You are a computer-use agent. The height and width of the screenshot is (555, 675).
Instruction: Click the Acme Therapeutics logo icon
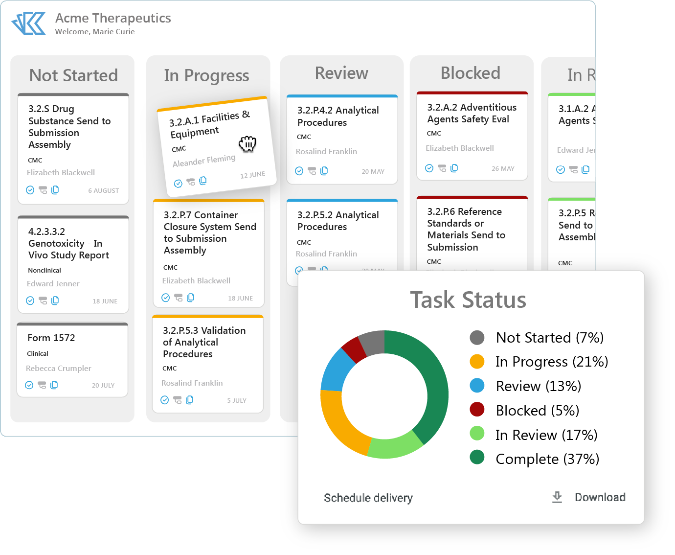click(x=29, y=23)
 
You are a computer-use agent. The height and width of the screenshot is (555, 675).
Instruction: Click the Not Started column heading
click(x=73, y=75)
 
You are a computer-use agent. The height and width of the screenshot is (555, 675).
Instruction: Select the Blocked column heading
click(x=470, y=73)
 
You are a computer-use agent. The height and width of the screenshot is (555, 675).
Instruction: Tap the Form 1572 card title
click(x=51, y=338)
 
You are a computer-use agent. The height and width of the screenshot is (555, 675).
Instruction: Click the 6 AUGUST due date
click(x=104, y=190)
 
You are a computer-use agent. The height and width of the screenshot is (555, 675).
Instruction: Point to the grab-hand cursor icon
click(x=247, y=144)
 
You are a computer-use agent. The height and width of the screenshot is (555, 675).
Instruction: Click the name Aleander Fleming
click(x=204, y=161)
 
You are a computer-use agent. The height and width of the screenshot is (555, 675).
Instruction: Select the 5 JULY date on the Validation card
click(x=237, y=400)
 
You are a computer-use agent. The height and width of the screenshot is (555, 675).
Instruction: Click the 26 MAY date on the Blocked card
click(x=503, y=168)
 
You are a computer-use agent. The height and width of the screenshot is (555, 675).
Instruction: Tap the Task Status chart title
click(x=468, y=300)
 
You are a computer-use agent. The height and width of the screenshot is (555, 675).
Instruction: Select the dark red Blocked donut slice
click(x=354, y=349)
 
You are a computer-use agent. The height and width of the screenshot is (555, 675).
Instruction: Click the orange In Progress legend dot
click(x=477, y=362)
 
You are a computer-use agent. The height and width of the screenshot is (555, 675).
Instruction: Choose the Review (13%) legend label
click(x=538, y=386)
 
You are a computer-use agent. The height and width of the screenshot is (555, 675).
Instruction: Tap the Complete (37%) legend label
click(x=547, y=459)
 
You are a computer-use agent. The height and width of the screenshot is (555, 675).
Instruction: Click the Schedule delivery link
click(x=368, y=498)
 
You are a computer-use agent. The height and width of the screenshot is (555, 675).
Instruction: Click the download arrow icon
click(x=557, y=497)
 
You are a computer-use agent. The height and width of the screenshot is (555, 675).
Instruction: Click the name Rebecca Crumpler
click(x=59, y=368)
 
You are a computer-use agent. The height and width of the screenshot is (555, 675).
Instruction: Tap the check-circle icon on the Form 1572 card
click(x=29, y=385)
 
